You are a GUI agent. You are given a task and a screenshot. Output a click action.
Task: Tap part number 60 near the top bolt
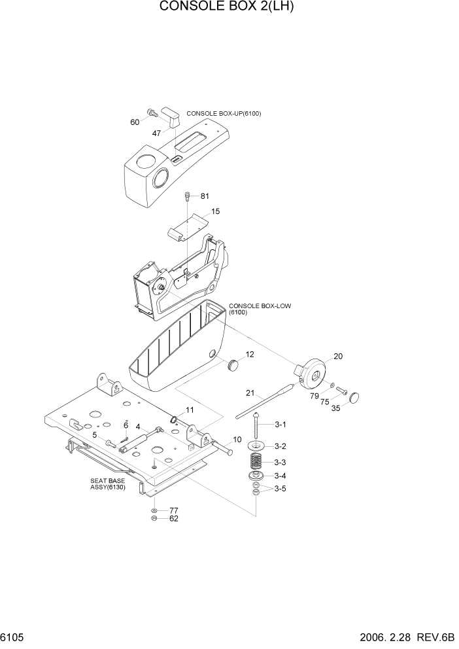(135, 122)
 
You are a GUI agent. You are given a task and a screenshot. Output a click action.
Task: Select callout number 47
(157, 133)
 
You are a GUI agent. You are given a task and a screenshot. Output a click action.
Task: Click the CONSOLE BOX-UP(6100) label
(224, 113)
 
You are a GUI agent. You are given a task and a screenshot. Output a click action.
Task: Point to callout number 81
(205, 196)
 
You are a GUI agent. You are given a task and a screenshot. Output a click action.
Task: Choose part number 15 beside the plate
(215, 211)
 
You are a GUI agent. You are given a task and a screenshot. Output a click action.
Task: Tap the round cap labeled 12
(231, 364)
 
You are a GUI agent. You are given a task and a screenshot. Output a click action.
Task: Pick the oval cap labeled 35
(356, 397)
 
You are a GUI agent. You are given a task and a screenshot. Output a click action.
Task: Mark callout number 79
(314, 395)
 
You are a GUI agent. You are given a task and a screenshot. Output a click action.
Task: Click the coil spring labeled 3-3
(257, 461)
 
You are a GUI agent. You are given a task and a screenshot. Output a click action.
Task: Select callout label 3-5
(280, 489)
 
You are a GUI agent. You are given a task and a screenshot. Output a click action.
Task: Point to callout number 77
(174, 510)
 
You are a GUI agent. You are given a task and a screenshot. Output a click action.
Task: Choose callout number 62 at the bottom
(174, 519)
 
